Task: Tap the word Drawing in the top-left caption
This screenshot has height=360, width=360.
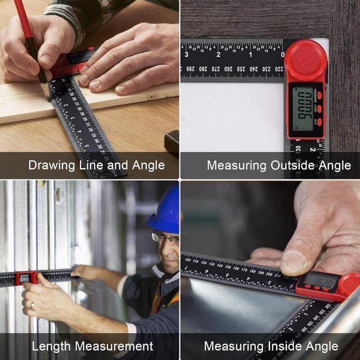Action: pos(51,165)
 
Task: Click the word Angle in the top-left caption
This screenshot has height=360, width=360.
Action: pos(146,165)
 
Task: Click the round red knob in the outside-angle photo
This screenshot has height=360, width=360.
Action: pos(305,60)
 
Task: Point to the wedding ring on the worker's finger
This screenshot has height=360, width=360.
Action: pos(31,305)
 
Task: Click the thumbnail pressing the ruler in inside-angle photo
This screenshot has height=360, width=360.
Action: pos(294,259)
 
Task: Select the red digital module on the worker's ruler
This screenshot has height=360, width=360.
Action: pos(26,277)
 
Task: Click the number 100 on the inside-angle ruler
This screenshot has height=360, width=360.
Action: pos(187,260)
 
